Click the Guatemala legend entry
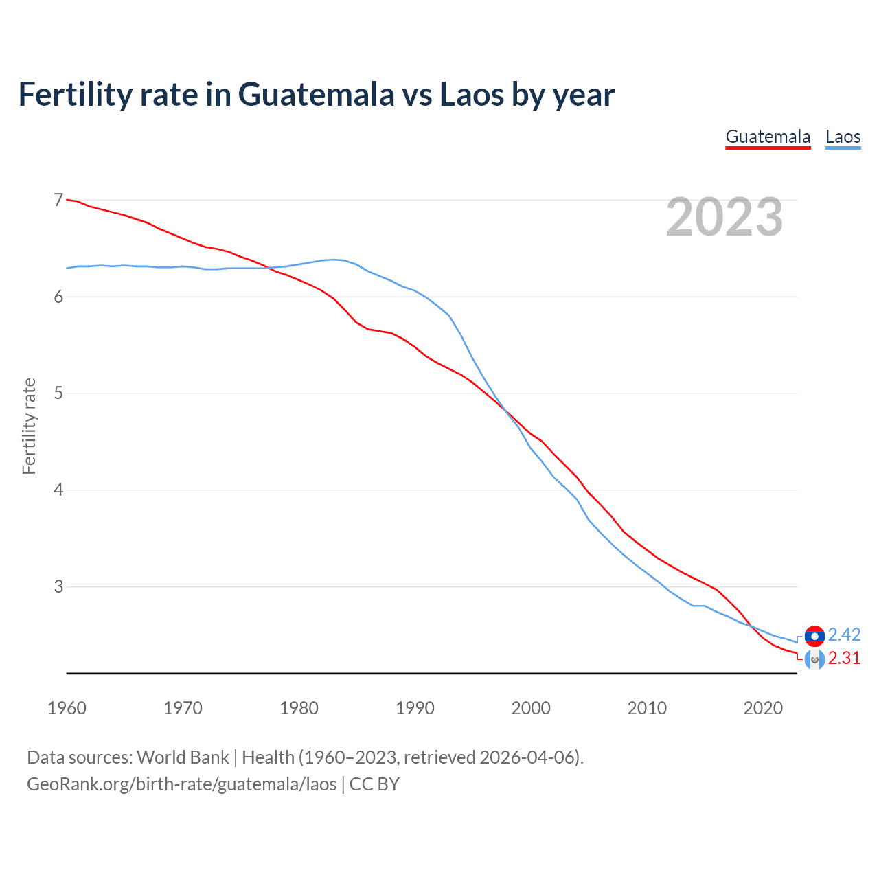pos(768,137)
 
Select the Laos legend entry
pos(843,137)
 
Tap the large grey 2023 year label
pos(724,217)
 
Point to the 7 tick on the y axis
pos(58,200)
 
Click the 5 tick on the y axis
pos(58,393)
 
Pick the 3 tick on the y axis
pos(58,586)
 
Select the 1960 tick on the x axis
pos(67,708)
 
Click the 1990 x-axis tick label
pos(415,708)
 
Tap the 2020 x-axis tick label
pos(763,708)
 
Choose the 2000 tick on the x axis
pos(531,708)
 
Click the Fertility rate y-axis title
pos(29,426)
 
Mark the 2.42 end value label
pos(844,635)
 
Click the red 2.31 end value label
pos(844,658)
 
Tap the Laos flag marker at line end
pos(814,636)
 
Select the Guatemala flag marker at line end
pos(814,660)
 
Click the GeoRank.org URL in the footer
pos(182,784)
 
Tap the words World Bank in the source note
pos(183,757)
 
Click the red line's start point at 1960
pos(67,200)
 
